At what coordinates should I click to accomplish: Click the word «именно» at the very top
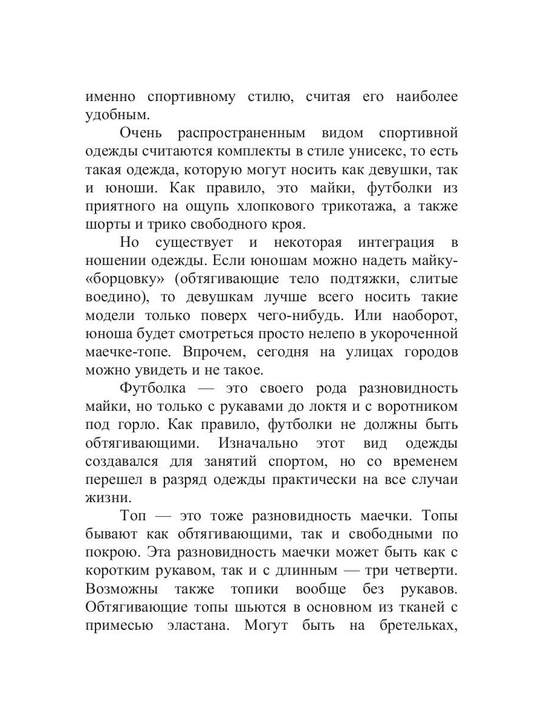point(111,97)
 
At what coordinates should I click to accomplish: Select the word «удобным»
point(114,115)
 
